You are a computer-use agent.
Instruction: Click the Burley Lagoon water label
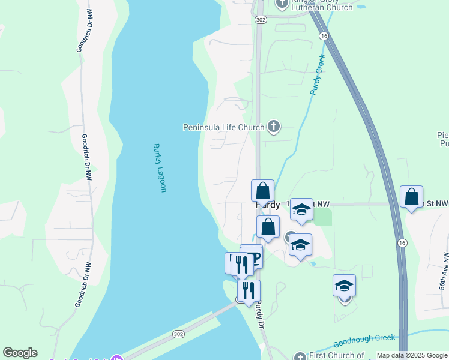tap(159, 168)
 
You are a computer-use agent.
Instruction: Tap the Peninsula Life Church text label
tap(223, 127)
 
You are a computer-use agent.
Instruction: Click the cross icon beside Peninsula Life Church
tap(273, 126)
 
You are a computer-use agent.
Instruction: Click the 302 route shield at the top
tap(260, 20)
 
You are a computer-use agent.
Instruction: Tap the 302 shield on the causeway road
tap(178, 334)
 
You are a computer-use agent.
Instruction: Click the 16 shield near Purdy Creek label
tap(324, 37)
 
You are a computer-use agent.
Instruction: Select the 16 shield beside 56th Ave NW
tap(402, 242)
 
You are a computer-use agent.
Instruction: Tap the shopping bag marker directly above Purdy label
tap(262, 191)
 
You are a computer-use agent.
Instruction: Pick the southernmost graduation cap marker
tap(344, 286)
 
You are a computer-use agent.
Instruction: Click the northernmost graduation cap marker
tap(301, 209)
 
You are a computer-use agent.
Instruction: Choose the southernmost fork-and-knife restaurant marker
tap(249, 291)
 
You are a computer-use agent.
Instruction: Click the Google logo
tap(20, 353)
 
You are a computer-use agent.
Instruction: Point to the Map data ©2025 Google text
tap(412, 356)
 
